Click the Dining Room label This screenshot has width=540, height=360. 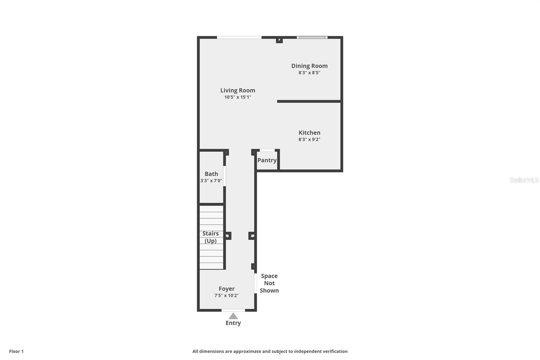(309, 66)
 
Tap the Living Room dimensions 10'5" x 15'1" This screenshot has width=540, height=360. (238, 97)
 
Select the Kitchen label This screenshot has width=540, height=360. (309, 133)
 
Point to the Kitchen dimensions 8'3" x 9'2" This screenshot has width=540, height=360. (309, 139)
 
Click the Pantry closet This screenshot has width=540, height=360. (267, 160)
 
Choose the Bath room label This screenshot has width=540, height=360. (211, 174)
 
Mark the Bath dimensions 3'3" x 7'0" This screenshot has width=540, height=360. (211, 181)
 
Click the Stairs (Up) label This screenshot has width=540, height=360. (211, 237)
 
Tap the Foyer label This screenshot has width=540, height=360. (226, 289)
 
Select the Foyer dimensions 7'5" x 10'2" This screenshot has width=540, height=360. (226, 295)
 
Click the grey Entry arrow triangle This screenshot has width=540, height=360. (233, 316)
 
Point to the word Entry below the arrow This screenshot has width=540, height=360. (233, 323)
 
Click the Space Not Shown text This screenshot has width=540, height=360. (269, 283)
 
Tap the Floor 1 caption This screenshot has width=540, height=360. (16, 351)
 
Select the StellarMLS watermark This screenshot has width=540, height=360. (524, 180)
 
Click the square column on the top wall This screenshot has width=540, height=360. (279, 40)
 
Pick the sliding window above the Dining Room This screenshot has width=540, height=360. (312, 37)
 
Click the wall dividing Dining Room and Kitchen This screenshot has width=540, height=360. (309, 101)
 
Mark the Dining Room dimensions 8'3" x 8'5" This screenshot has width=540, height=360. (309, 73)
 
